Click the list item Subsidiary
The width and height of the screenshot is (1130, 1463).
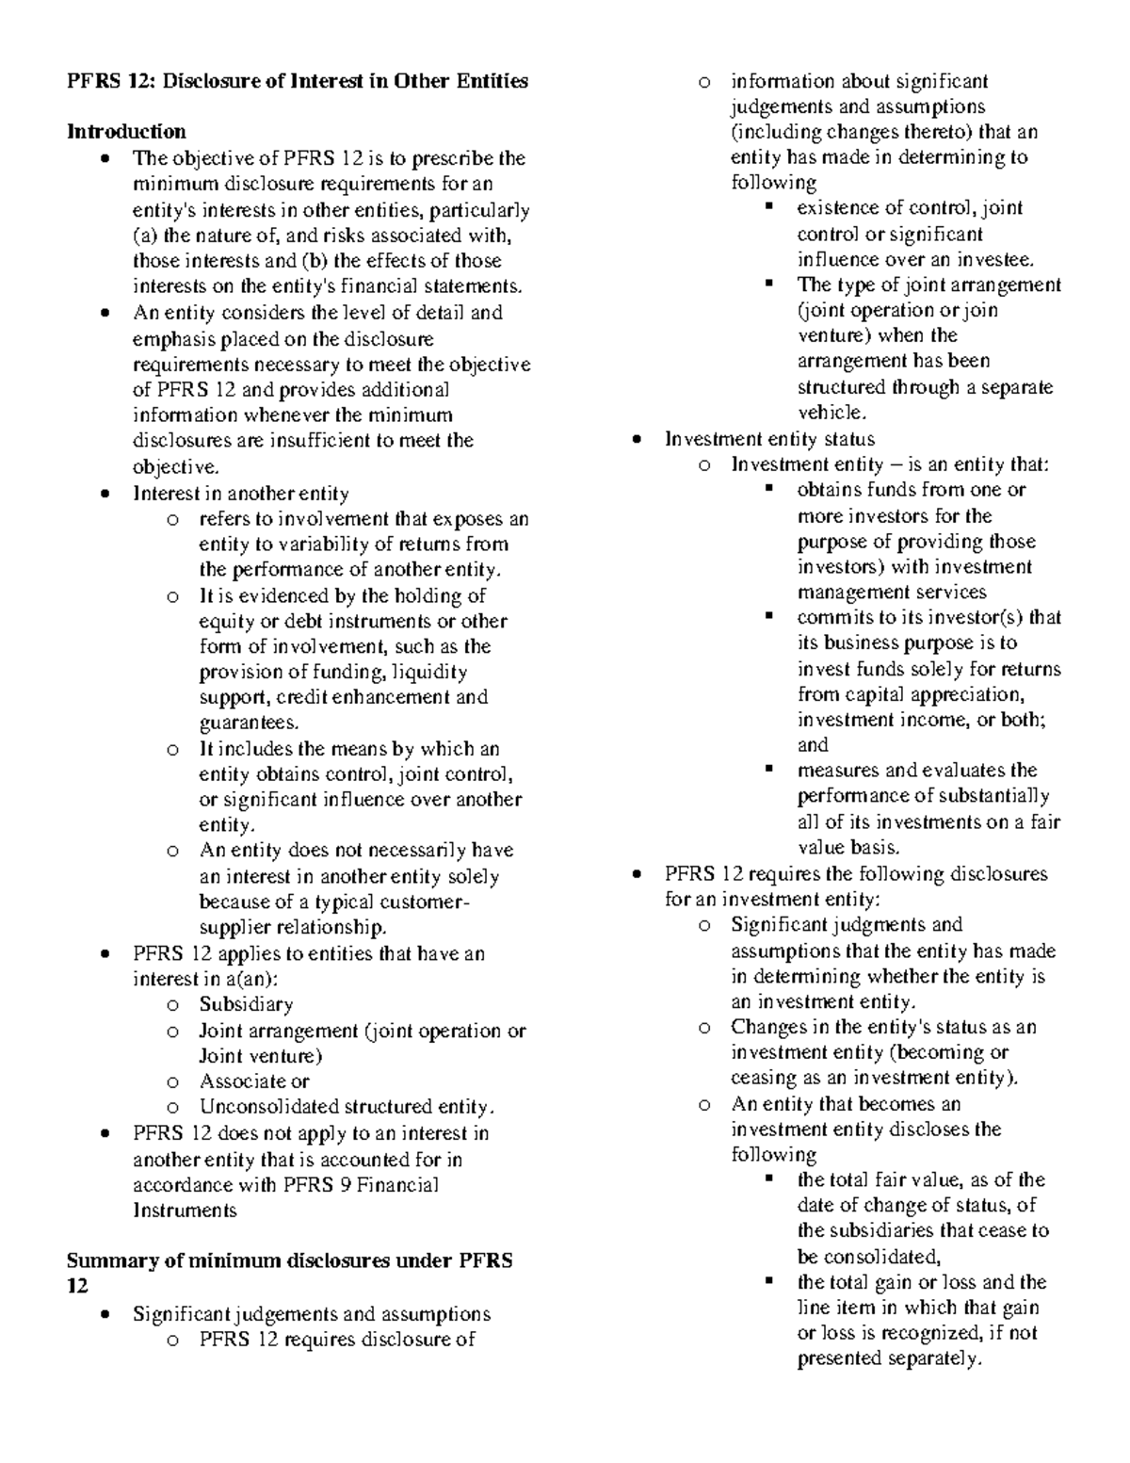click(246, 1004)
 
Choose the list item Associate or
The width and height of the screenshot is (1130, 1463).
click(253, 1081)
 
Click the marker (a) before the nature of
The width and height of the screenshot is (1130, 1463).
click(146, 236)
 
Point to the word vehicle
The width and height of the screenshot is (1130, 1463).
click(829, 413)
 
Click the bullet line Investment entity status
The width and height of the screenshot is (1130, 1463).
click(769, 439)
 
